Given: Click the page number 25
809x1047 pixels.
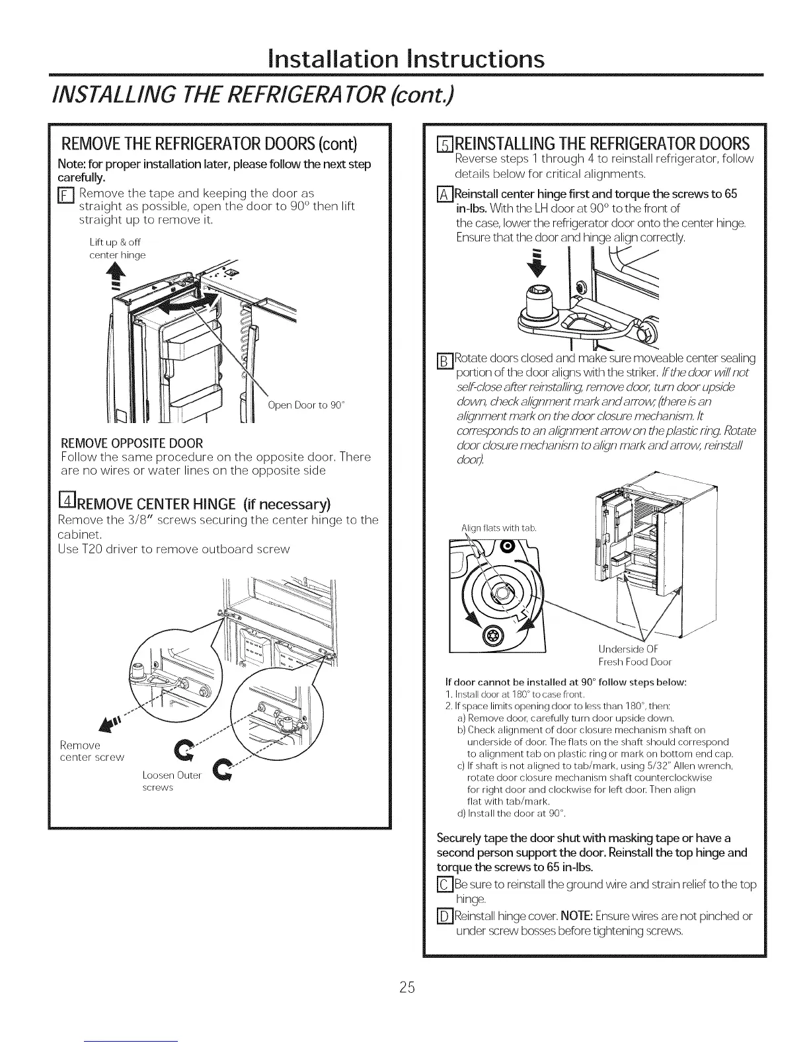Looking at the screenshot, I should tap(406, 988).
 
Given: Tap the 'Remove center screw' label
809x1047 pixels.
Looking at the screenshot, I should tap(92, 751).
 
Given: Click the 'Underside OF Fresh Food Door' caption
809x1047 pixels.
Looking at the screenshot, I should tap(635, 654).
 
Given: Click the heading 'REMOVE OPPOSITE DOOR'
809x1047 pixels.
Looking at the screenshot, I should tap(132, 443).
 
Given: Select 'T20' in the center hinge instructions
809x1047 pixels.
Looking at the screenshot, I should tap(93, 549).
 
